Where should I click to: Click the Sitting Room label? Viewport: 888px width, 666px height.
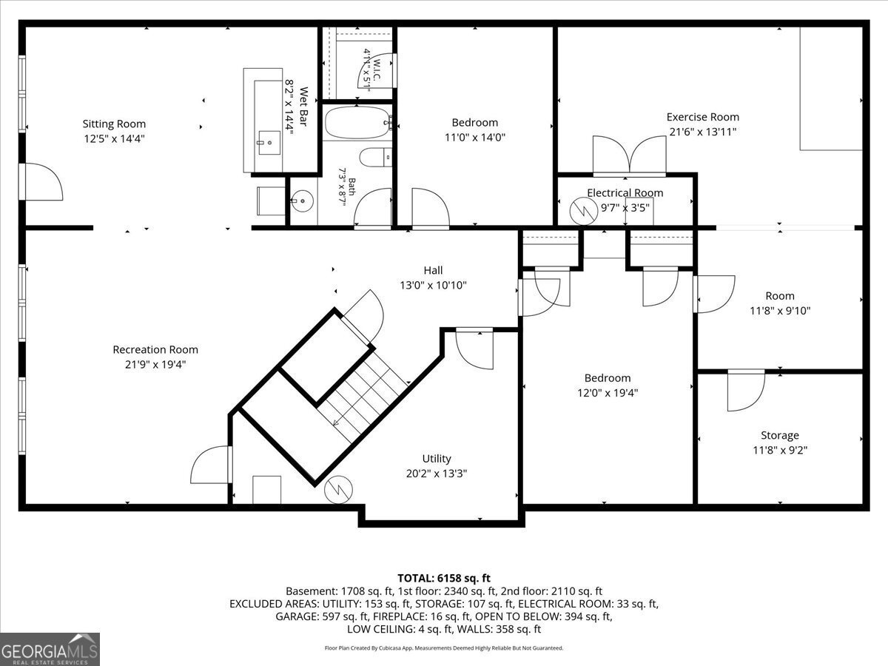click(x=114, y=124)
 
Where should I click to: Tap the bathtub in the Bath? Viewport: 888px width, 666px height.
click(x=357, y=123)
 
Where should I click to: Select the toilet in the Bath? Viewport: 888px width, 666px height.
click(x=375, y=158)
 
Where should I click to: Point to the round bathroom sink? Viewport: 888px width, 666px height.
click(x=301, y=201)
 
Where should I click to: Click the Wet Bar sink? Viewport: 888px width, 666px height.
click(x=269, y=142)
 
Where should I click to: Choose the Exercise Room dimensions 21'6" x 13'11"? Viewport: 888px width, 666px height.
click(x=703, y=132)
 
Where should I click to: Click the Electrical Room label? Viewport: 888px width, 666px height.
click(x=625, y=193)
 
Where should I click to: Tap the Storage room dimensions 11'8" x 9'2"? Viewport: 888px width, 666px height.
click(x=779, y=450)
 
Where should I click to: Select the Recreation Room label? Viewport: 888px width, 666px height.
click(x=155, y=349)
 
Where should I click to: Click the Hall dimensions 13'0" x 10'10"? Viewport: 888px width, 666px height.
click(x=433, y=286)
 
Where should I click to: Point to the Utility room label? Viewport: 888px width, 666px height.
click(x=437, y=459)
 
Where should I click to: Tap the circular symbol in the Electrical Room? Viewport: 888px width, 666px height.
click(x=583, y=211)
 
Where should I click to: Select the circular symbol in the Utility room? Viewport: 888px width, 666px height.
click(x=338, y=490)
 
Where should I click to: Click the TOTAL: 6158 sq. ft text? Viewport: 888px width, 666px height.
click(x=444, y=578)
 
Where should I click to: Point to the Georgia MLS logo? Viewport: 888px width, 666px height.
click(x=50, y=650)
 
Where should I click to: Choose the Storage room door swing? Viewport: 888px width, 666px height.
click(x=746, y=390)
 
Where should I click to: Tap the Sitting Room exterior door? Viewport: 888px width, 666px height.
click(x=41, y=181)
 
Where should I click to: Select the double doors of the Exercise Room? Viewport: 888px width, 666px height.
click(x=629, y=155)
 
